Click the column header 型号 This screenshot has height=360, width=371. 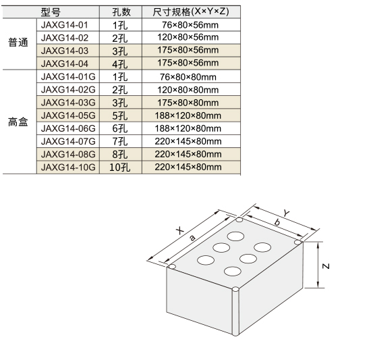tap(51, 12)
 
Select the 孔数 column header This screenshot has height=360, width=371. tap(121, 12)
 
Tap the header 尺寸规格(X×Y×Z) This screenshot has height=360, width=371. tap(191, 11)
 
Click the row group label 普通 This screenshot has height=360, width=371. tap(18, 43)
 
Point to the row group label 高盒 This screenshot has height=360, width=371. tap(18, 122)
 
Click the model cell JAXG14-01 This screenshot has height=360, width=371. tap(64, 25)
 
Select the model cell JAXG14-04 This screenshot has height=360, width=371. tap(64, 63)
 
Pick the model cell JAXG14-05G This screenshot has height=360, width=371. tap(68, 115)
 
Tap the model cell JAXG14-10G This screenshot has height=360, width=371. tap(68, 168)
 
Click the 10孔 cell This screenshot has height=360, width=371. tap(119, 168)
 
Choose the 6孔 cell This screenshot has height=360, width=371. tap(119, 128)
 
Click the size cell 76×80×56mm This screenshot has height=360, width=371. tap(190, 25)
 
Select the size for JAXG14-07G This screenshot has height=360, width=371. tap(188, 141)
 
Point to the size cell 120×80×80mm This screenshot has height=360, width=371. tap(188, 90)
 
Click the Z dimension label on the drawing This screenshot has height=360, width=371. tap(326, 266)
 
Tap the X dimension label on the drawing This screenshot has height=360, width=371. tap(180, 230)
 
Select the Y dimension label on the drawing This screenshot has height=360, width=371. tap(287, 213)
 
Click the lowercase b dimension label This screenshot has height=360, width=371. tap(277, 222)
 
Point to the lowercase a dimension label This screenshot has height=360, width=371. tap(193, 238)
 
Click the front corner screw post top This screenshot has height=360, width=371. tap(235, 290)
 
